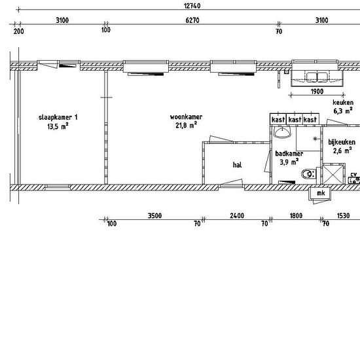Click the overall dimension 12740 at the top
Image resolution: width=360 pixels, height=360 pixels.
coord(192,6)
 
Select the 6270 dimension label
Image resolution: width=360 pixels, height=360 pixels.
coord(192,20)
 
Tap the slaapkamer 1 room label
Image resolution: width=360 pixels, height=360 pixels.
coord(58,118)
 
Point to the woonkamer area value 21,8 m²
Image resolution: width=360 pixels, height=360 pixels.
coord(186,126)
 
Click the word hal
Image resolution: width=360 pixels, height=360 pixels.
coord(237,165)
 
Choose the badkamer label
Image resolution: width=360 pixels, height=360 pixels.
coord(289,153)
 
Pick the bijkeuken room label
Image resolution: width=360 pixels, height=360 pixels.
coord(342,142)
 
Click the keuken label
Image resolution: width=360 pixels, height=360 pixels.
coord(343,102)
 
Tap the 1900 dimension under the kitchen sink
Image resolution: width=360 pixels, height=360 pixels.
coord(317,92)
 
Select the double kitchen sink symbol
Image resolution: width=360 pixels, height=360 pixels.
coord(317,77)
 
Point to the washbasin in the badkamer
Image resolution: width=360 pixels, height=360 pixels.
coord(283,133)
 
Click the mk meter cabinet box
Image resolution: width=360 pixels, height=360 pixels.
coord(321,193)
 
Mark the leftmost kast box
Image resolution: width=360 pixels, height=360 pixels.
coord(278,119)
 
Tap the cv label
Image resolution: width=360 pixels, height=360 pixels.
coord(354,175)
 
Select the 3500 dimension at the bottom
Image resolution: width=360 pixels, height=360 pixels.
coord(154,215)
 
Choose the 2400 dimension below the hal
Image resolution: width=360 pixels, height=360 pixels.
coord(237,215)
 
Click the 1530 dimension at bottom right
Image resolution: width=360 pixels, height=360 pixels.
coord(343,215)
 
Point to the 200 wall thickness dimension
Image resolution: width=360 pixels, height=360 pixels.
coord(18,31)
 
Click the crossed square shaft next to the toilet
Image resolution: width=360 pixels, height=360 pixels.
coord(333,174)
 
